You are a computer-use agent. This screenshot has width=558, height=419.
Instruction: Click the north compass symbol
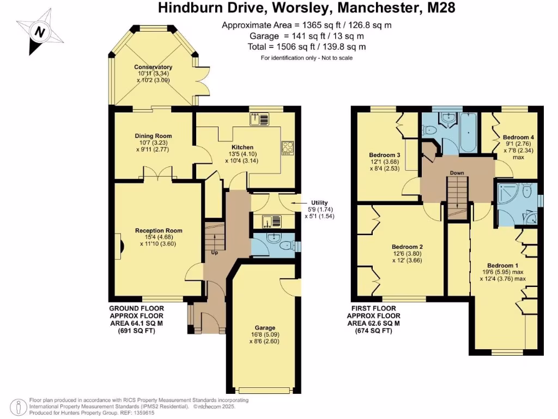pyautogui.click(x=39, y=32)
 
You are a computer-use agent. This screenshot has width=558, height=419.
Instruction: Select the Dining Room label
pyautogui.click(x=153, y=136)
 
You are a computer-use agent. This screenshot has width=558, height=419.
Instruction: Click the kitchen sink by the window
pyautogui.click(x=259, y=118)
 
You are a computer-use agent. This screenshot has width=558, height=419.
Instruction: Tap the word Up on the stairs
pyautogui.click(x=215, y=253)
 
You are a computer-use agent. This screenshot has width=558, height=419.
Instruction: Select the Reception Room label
pyautogui.click(x=159, y=231)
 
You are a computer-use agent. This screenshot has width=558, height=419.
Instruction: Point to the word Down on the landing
pyautogui.click(x=457, y=173)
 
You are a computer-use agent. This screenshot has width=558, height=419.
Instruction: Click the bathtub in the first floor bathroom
pyautogui.click(x=468, y=134)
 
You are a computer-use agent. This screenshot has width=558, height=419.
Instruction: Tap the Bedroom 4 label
pyautogui.click(x=518, y=137)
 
